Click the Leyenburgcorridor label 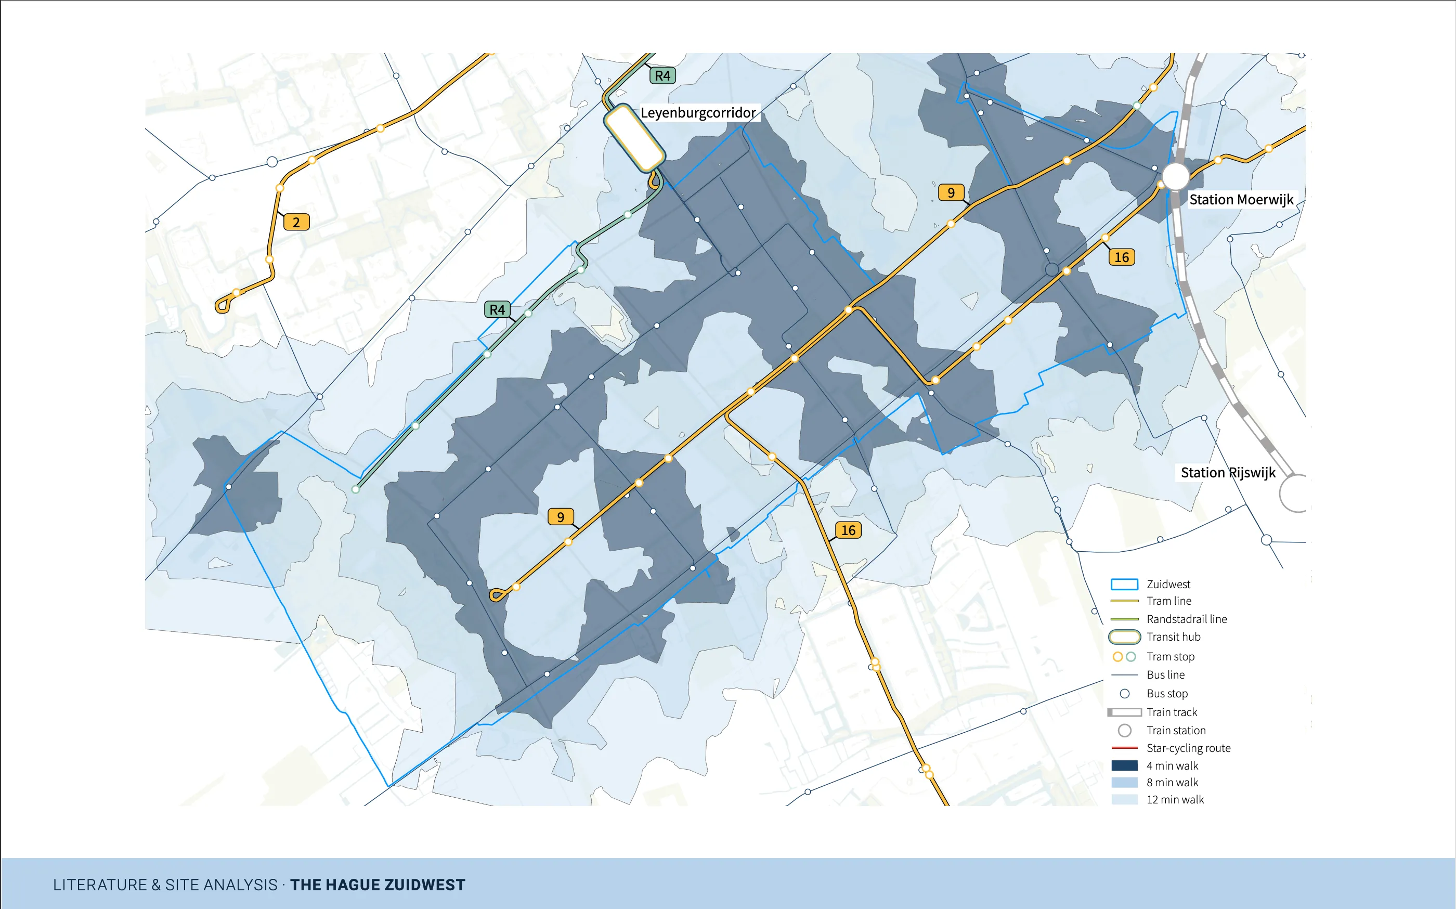(697, 112)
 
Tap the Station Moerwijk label (1241, 200)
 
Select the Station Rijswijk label (1228, 473)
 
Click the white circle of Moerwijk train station (1175, 176)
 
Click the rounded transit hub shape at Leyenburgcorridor (634, 138)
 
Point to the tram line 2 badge (296, 223)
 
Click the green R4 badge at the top (662, 76)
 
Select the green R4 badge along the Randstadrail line (497, 309)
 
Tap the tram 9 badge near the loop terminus (560, 517)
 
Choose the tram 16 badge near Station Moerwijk (1121, 257)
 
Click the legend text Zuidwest (1168, 585)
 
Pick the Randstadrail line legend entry (1186, 619)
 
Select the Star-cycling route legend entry (1188, 748)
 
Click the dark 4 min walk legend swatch (1124, 765)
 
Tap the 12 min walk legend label (1175, 800)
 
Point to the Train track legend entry (1171, 712)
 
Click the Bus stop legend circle (1125, 694)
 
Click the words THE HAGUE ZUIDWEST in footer (378, 885)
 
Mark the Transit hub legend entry (1173, 637)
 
